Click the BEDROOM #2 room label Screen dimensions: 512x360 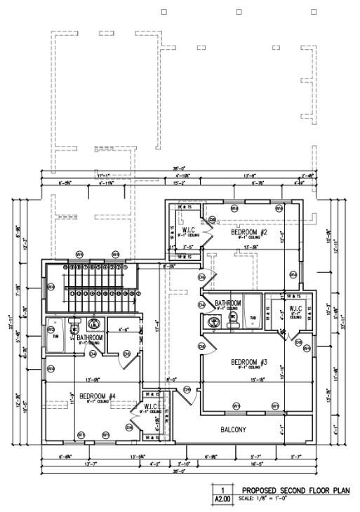tap(249, 231)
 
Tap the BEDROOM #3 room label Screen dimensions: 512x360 tap(249, 362)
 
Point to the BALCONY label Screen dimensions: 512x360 tap(234, 429)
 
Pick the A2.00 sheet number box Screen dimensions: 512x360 tap(222, 499)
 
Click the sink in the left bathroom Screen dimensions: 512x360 tap(94, 324)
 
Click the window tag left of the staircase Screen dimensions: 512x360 tap(51, 286)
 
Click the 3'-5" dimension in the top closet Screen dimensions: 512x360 tap(187, 247)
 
